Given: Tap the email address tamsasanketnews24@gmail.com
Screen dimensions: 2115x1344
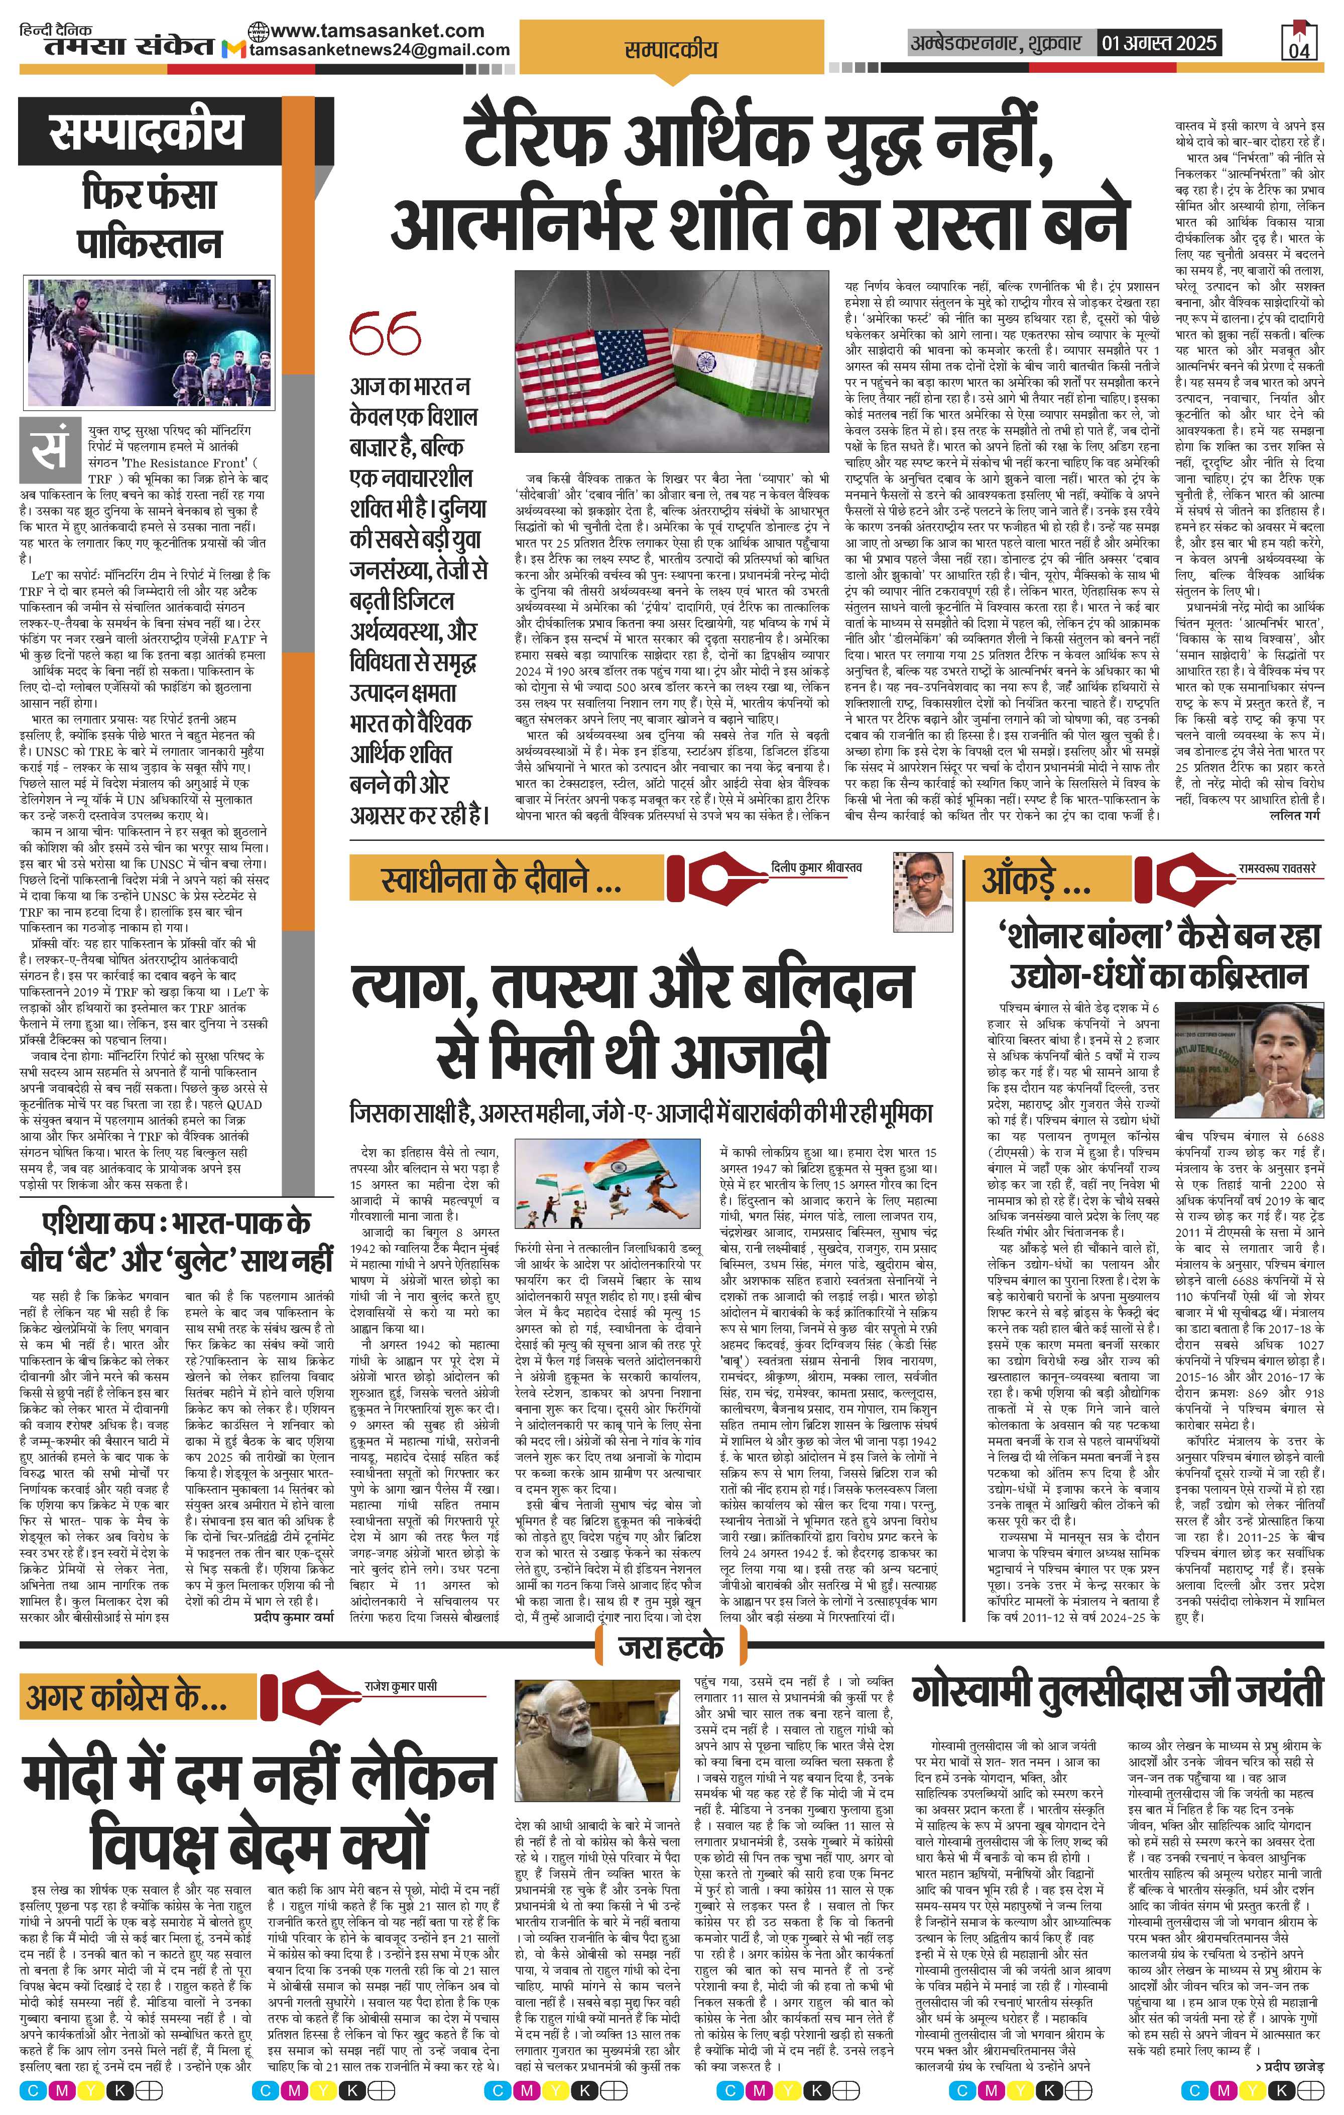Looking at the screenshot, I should pos(380,50).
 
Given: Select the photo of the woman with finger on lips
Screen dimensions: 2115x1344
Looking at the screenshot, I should pos(1248,1061).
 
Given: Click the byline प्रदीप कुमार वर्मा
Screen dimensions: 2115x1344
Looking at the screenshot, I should pos(294,1615).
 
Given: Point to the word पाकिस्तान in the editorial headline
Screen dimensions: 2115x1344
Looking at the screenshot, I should pos(149,244).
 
